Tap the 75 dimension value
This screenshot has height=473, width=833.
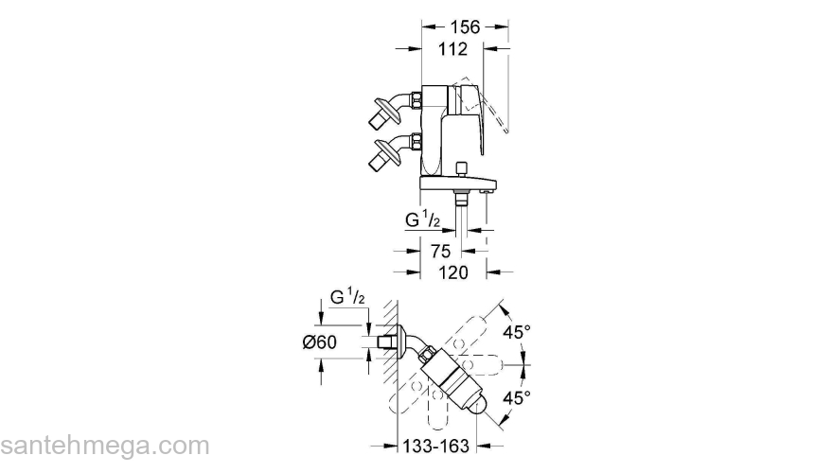coord(441,252)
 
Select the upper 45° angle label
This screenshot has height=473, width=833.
coord(515,332)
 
